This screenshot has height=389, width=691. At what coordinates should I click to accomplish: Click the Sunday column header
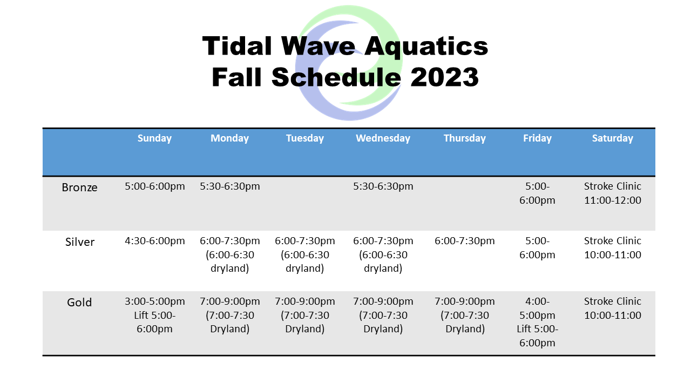[x=154, y=138]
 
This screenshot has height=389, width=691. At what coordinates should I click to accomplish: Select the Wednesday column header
[x=383, y=138]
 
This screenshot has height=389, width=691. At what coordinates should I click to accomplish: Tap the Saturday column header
[x=612, y=138]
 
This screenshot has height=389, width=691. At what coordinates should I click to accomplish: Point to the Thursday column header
[x=464, y=138]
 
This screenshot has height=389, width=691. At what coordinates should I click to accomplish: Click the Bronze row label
[x=79, y=187]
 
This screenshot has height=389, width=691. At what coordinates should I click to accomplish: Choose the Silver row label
[x=80, y=242]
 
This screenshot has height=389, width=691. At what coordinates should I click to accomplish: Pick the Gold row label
[x=79, y=303]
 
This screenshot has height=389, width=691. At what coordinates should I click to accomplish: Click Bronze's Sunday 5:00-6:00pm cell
[x=154, y=186]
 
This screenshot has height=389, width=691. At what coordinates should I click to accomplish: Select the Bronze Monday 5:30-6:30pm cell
[x=229, y=186]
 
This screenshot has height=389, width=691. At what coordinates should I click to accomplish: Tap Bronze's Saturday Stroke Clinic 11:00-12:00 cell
[x=612, y=193]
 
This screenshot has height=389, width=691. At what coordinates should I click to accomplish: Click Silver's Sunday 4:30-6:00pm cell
[x=154, y=241]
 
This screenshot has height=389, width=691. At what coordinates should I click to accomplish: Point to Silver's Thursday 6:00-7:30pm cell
[x=464, y=241]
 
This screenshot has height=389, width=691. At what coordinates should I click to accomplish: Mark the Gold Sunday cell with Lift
[x=154, y=315]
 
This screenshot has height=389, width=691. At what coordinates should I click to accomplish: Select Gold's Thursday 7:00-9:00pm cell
[x=464, y=315]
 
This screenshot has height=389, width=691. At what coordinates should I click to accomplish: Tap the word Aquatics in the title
[x=426, y=46]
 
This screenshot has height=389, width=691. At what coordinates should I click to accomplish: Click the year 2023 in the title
[x=444, y=77]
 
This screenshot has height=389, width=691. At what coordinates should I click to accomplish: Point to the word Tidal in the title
[x=238, y=46]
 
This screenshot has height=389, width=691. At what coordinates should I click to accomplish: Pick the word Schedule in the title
[x=336, y=77]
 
